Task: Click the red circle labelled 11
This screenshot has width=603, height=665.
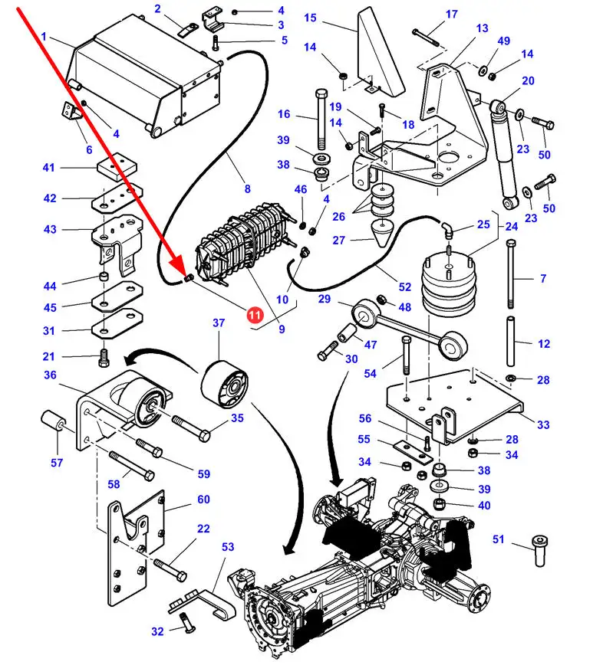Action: tap(254, 314)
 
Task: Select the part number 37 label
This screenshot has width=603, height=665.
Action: tap(219, 324)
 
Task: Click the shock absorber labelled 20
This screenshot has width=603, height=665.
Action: tap(506, 153)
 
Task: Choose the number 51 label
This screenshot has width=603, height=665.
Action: tap(499, 540)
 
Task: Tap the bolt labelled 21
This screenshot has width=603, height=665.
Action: tap(105, 357)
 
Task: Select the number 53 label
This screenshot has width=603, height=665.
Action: tap(228, 547)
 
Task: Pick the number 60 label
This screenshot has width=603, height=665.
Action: tap(203, 500)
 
